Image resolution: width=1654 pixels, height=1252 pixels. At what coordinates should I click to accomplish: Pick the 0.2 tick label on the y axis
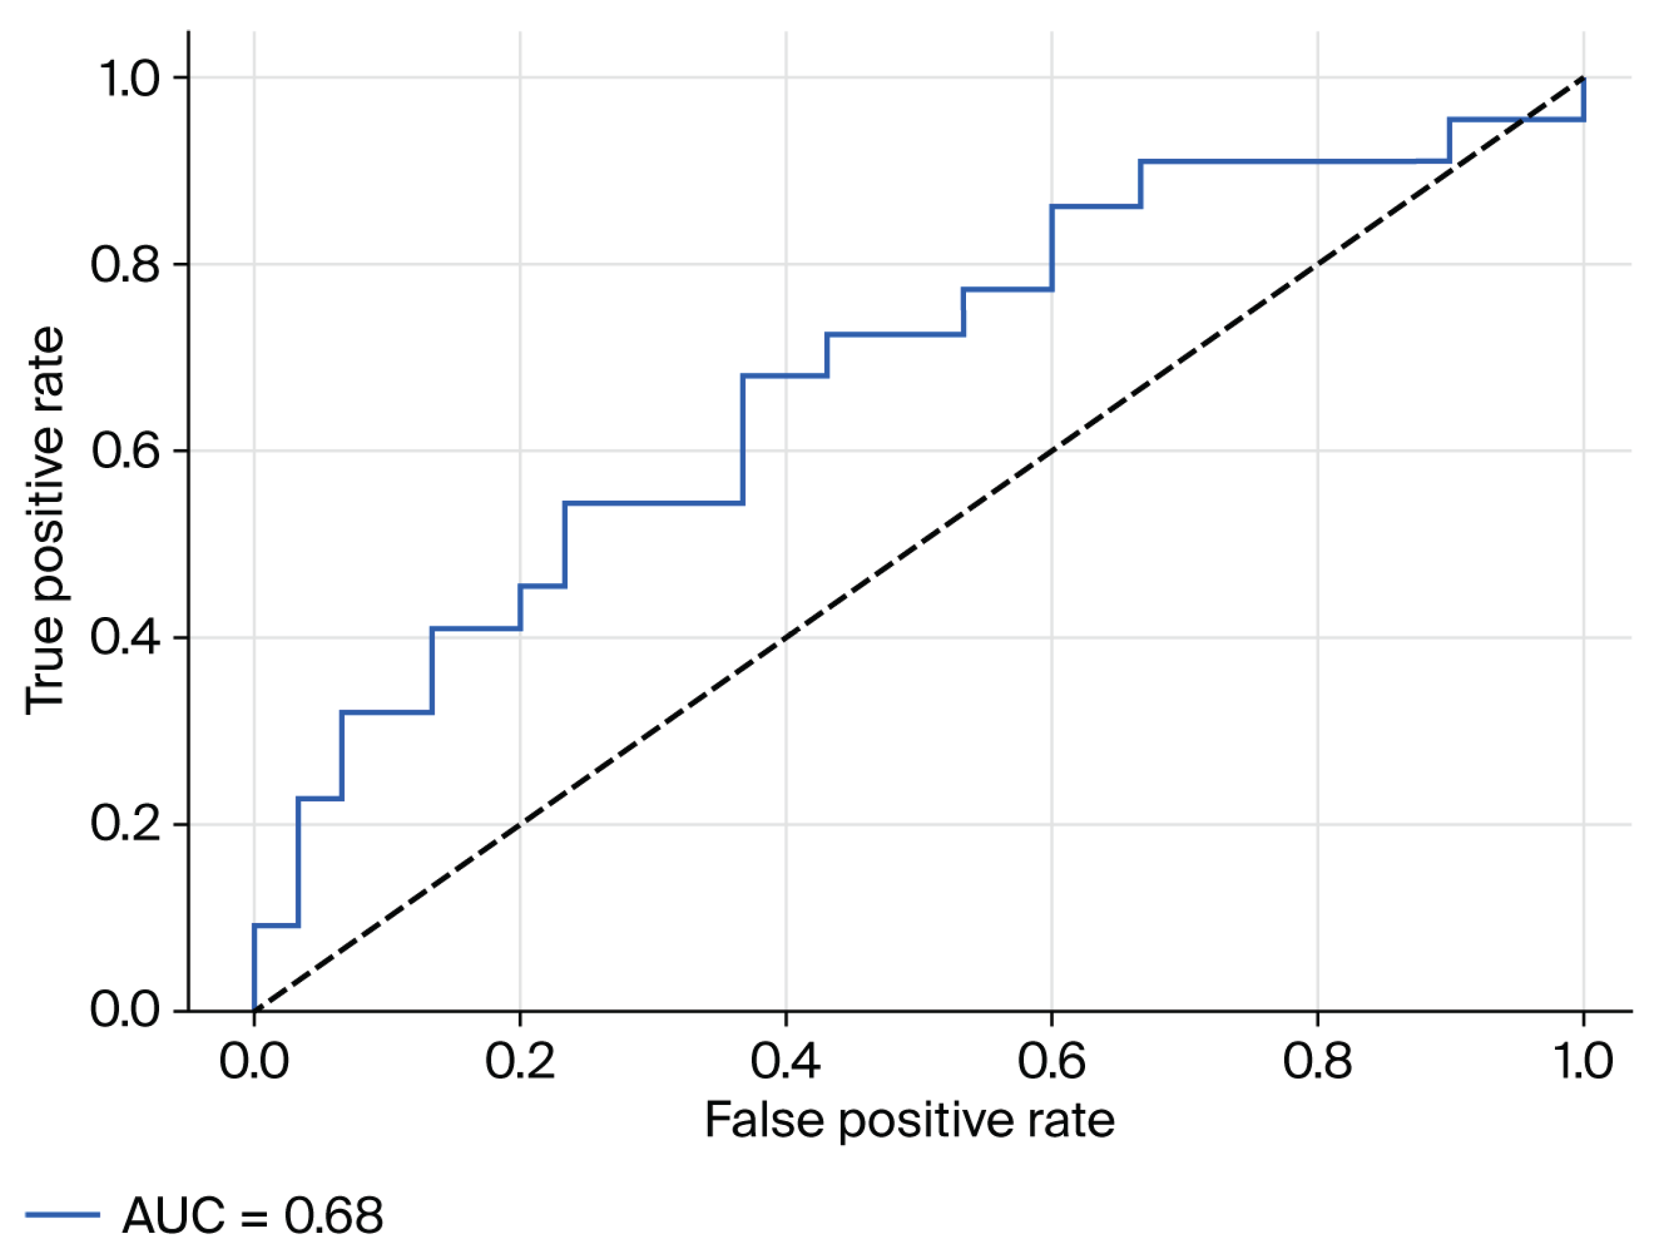coord(126,824)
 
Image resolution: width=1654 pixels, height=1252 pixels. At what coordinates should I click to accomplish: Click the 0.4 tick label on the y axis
coord(126,638)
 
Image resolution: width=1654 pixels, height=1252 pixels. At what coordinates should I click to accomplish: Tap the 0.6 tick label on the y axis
coord(126,451)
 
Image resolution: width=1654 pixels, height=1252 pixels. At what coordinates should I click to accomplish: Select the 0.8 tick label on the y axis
coord(126,265)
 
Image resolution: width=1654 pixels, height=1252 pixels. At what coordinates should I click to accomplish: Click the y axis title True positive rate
coord(45,521)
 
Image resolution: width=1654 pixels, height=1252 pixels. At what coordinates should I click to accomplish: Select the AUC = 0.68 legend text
coord(253,1215)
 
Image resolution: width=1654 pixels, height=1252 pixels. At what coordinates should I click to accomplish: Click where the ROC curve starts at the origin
coord(254,1011)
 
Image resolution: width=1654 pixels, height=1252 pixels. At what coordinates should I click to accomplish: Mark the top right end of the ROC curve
coord(1583,78)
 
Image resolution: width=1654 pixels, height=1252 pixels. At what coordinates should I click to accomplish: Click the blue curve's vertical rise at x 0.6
coord(1051,247)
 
